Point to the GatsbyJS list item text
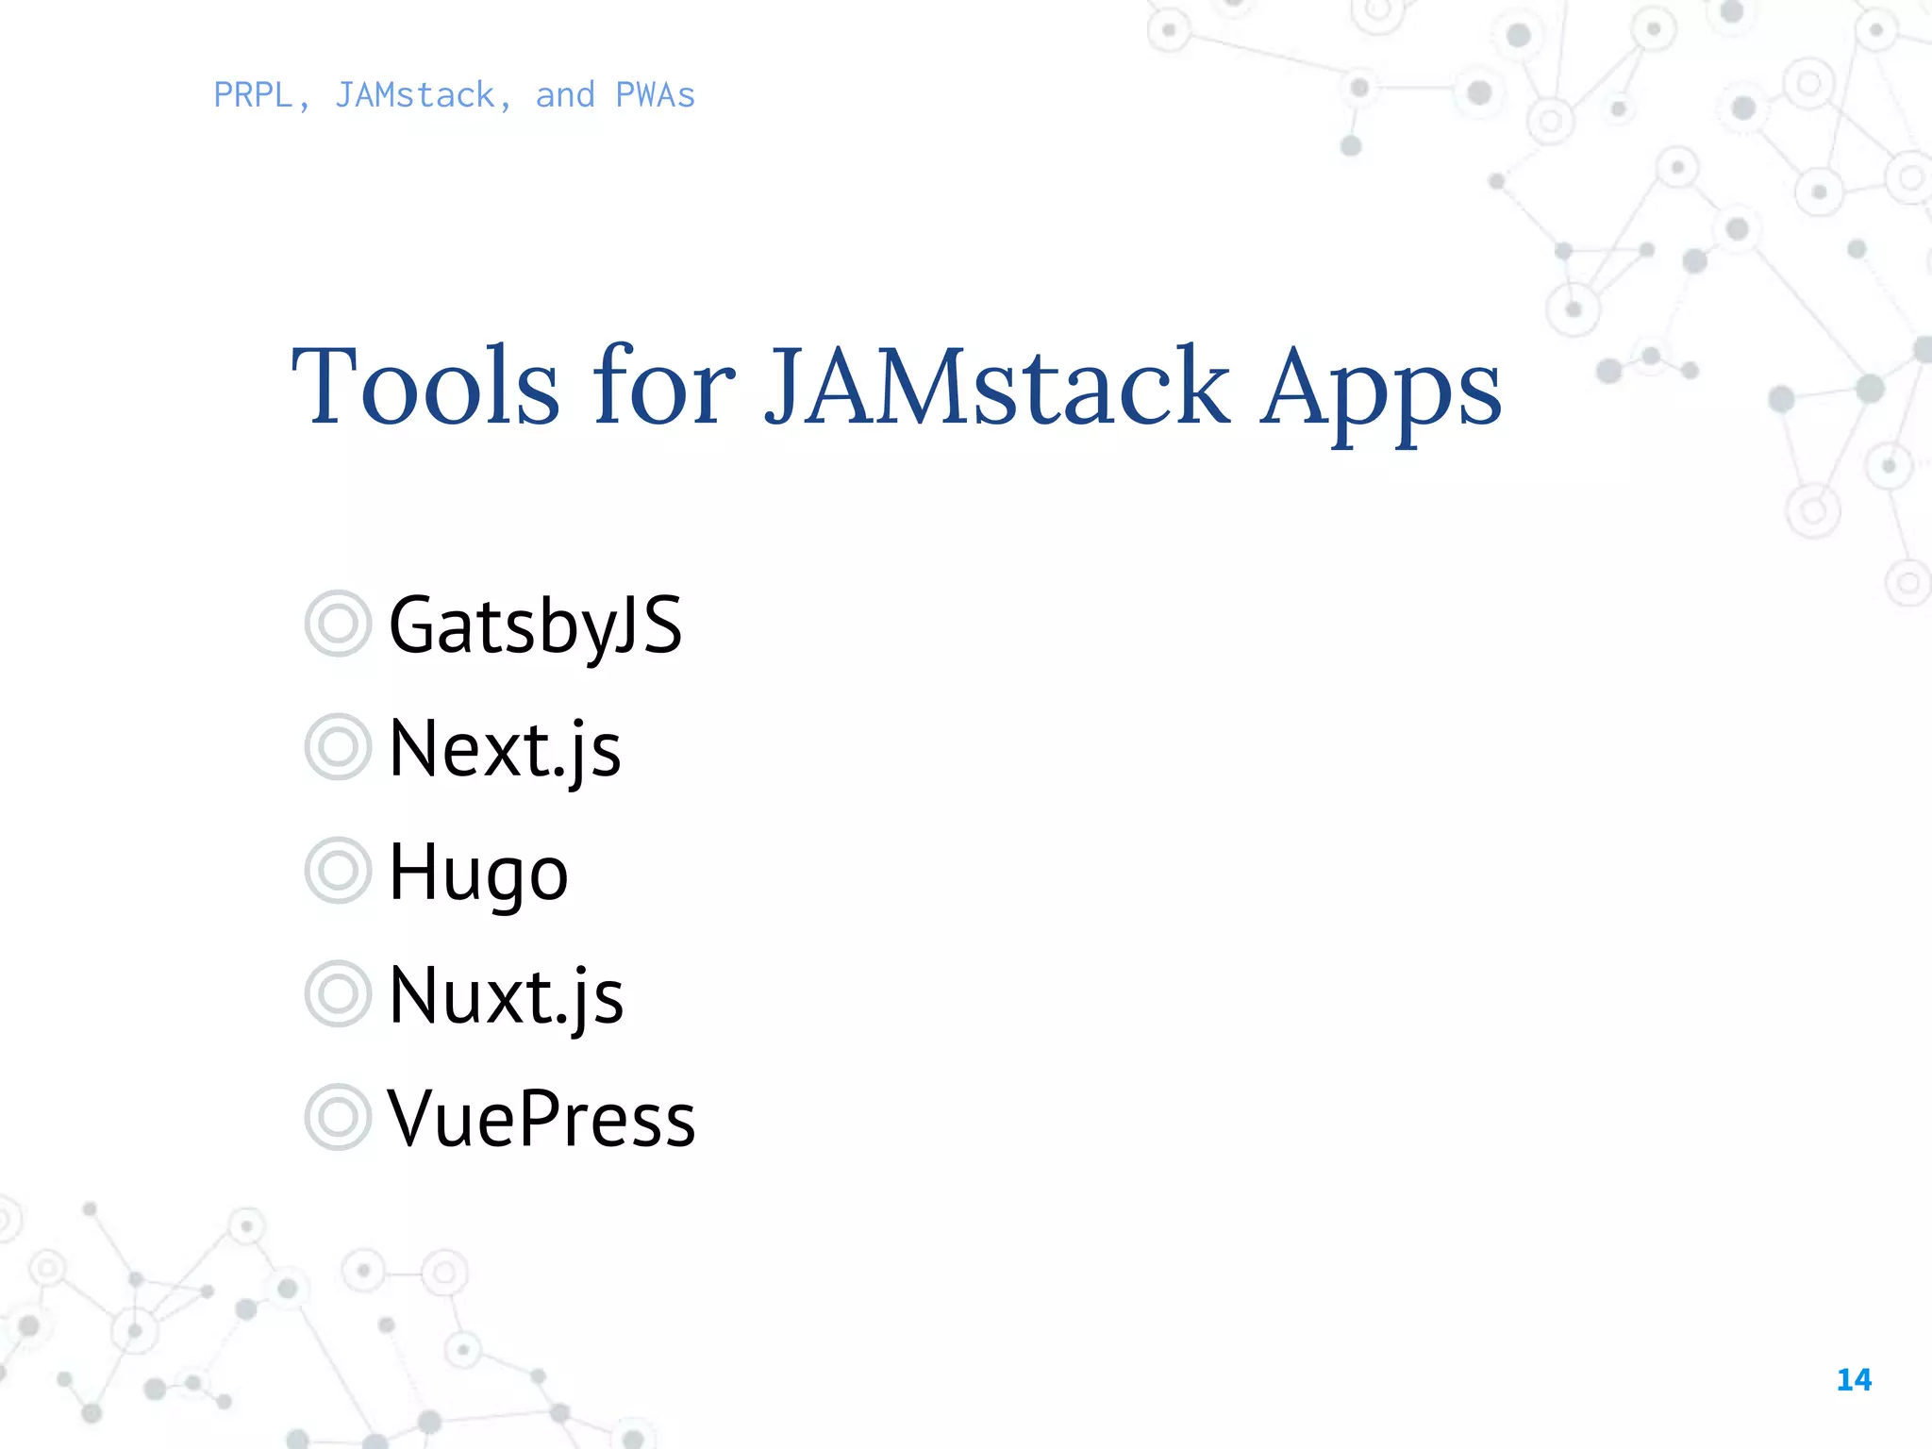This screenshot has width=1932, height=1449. pos(535,625)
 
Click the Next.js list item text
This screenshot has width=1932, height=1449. pos(505,748)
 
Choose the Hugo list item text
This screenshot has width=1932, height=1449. pos(478,873)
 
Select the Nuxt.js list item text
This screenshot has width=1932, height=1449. pos(506,995)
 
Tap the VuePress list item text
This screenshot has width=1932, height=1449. pos(541,1119)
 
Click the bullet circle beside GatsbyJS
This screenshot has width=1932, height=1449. pos(337,624)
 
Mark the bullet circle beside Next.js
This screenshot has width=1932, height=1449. pos(337,747)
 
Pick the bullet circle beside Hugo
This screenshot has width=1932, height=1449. pos(337,871)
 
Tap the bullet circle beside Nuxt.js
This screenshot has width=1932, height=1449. pos(337,993)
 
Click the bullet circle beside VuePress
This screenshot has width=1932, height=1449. pos(337,1117)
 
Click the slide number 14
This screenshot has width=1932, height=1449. pos(1854,1380)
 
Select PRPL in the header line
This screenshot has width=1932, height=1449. pos(253,95)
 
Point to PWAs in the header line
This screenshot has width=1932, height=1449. pos(655,95)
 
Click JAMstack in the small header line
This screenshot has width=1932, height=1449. pos(415,95)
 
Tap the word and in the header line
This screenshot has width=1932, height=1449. pos(565,95)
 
